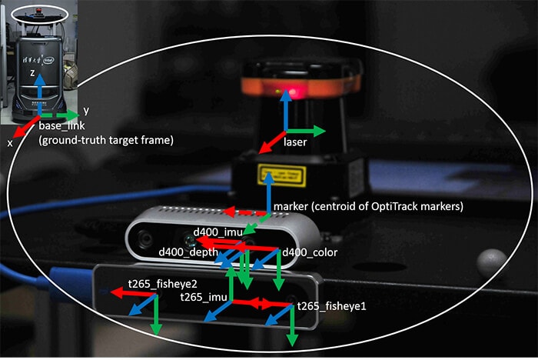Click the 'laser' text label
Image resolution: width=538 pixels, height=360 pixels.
[x=296, y=143]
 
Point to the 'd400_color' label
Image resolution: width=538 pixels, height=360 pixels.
[x=311, y=252]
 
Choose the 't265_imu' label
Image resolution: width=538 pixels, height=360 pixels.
[x=201, y=297]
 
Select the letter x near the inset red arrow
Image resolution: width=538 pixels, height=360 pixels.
[x=11, y=143]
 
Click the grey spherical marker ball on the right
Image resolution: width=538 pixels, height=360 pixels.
[x=487, y=263]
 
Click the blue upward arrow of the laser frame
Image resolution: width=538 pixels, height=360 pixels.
[x=287, y=112]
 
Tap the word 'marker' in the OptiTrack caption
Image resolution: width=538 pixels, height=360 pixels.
[x=291, y=206]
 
